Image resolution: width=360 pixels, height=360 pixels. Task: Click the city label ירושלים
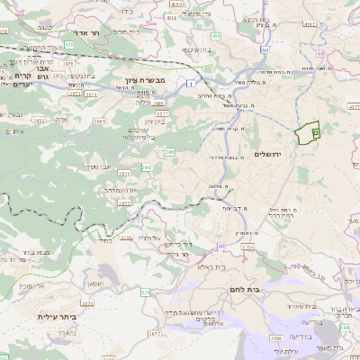pyautogui.click(x=269, y=155)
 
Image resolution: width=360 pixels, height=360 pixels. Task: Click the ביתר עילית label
pyautogui.click(x=35, y=317)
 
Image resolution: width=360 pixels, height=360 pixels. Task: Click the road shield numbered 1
pyautogui.click(x=191, y=83)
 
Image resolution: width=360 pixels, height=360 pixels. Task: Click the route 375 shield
pyautogui.click(x=146, y=292)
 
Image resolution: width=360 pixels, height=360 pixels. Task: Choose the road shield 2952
pyautogui.click(x=37, y=118)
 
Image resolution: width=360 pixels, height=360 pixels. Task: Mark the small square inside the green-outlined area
pyautogui.click(x=315, y=132)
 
